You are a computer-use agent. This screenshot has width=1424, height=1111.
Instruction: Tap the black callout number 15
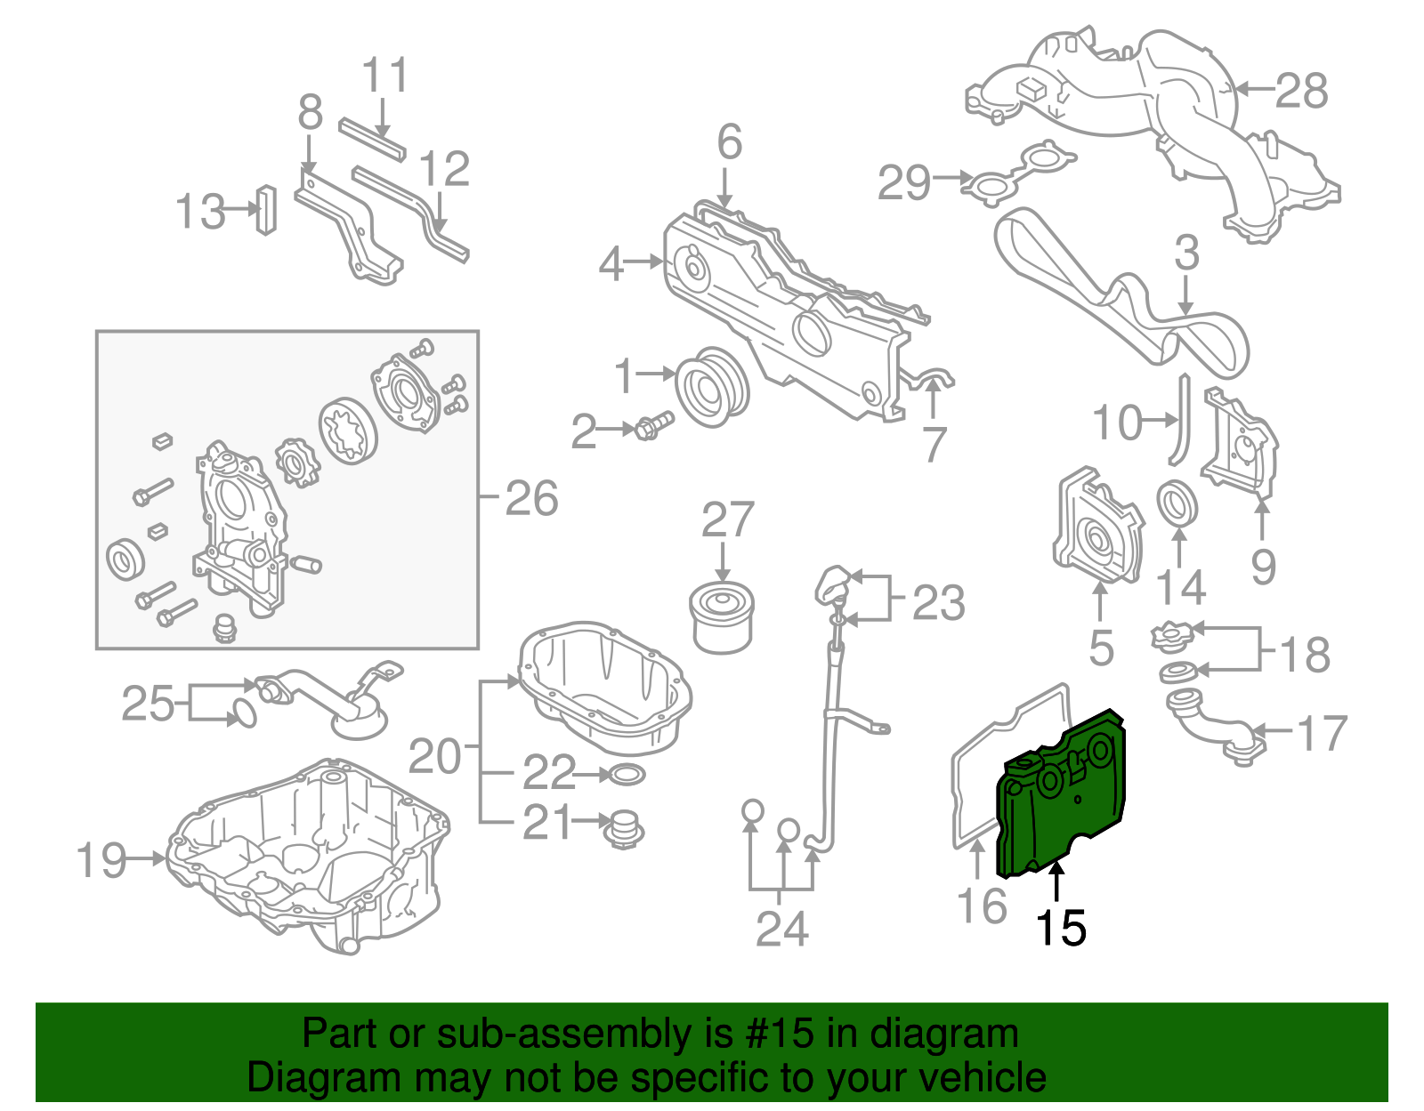tap(1060, 929)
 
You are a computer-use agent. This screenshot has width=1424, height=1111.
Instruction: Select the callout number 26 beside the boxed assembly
tap(531, 498)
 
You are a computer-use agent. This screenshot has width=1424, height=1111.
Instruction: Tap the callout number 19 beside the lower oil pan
tap(101, 860)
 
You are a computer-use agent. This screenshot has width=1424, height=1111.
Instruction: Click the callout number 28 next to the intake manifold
tap(1301, 91)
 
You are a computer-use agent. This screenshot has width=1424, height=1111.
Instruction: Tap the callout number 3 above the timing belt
tap(1186, 253)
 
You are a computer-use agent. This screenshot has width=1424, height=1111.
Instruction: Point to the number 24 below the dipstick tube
tap(781, 929)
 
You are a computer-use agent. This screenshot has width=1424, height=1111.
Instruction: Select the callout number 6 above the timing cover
tap(729, 142)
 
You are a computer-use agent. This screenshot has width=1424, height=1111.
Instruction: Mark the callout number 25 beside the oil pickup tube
tap(148, 704)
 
